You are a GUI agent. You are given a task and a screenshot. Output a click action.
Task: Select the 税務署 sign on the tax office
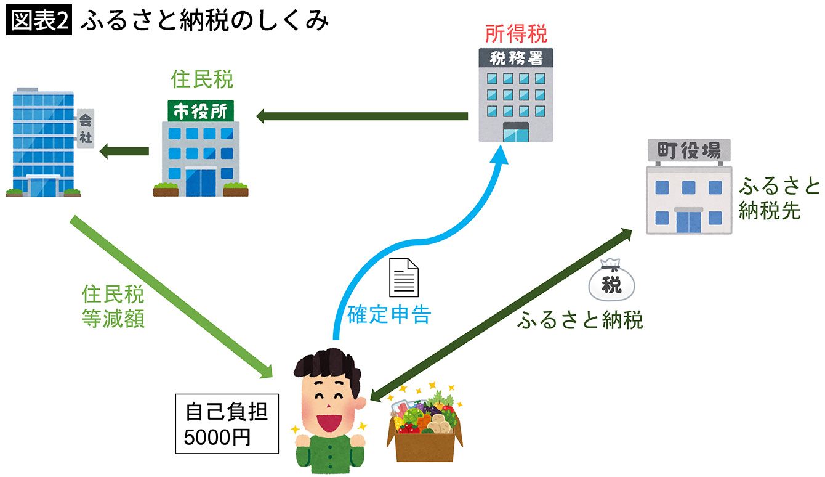click(x=515, y=59)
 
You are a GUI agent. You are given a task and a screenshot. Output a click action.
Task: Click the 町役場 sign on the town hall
click(x=689, y=150)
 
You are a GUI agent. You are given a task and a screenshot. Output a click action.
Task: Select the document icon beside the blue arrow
click(x=403, y=278)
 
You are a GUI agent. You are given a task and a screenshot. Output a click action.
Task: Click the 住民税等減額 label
click(x=113, y=306)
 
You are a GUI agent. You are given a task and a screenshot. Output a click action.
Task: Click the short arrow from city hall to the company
click(x=124, y=150)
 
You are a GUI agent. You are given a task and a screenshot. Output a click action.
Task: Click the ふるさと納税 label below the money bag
click(x=580, y=320)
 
